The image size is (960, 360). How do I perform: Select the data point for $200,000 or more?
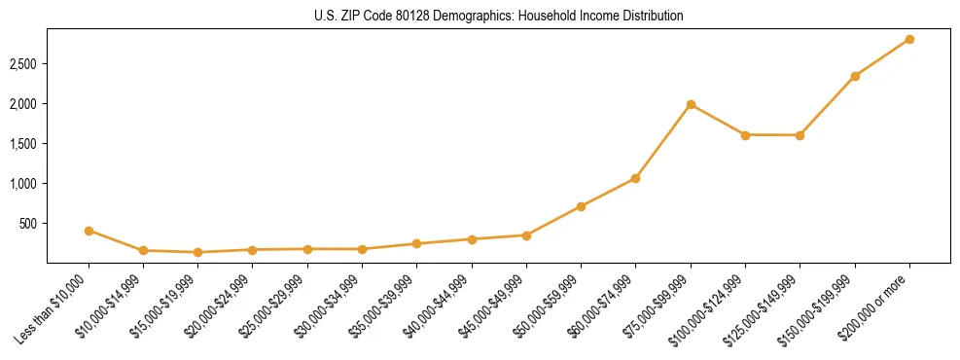[909, 39]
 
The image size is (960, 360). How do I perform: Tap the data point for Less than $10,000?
[89, 231]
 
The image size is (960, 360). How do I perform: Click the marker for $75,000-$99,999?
[691, 104]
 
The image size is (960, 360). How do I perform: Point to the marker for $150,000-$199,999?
[855, 76]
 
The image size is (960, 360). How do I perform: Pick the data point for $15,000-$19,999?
[198, 252]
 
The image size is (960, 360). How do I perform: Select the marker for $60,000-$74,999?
[635, 178]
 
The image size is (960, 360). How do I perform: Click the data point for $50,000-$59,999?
[581, 206]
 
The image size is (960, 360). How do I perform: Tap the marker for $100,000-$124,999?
[745, 135]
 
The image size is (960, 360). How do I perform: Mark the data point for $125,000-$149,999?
[800, 135]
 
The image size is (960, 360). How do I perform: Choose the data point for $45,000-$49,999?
[526, 235]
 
